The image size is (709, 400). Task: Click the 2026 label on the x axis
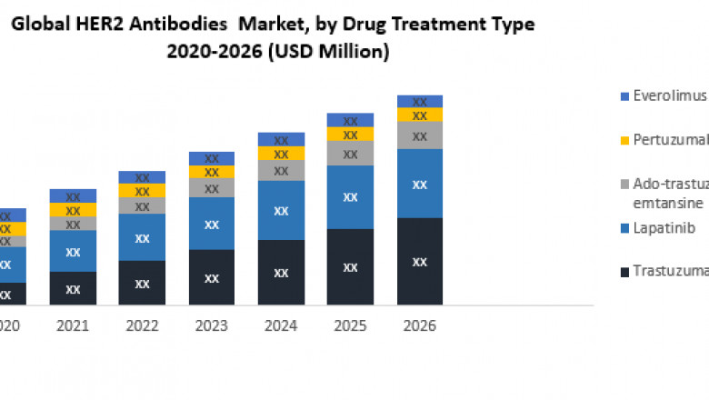tap(419, 325)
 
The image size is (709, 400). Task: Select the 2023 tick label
tap(212, 325)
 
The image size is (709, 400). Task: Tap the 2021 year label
tap(73, 325)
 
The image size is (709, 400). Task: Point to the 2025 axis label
tap(350, 325)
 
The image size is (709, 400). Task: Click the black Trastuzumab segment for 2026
tap(419, 261)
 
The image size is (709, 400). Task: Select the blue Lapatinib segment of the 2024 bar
tap(281, 210)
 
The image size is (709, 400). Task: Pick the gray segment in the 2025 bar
tap(350, 154)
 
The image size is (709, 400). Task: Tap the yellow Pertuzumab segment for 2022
tap(142, 191)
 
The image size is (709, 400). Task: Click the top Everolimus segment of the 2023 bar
tap(212, 158)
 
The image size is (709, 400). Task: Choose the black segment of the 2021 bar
tap(73, 288)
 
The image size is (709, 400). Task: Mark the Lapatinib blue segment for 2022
tap(142, 237)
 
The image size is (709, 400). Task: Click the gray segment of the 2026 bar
tap(419, 135)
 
